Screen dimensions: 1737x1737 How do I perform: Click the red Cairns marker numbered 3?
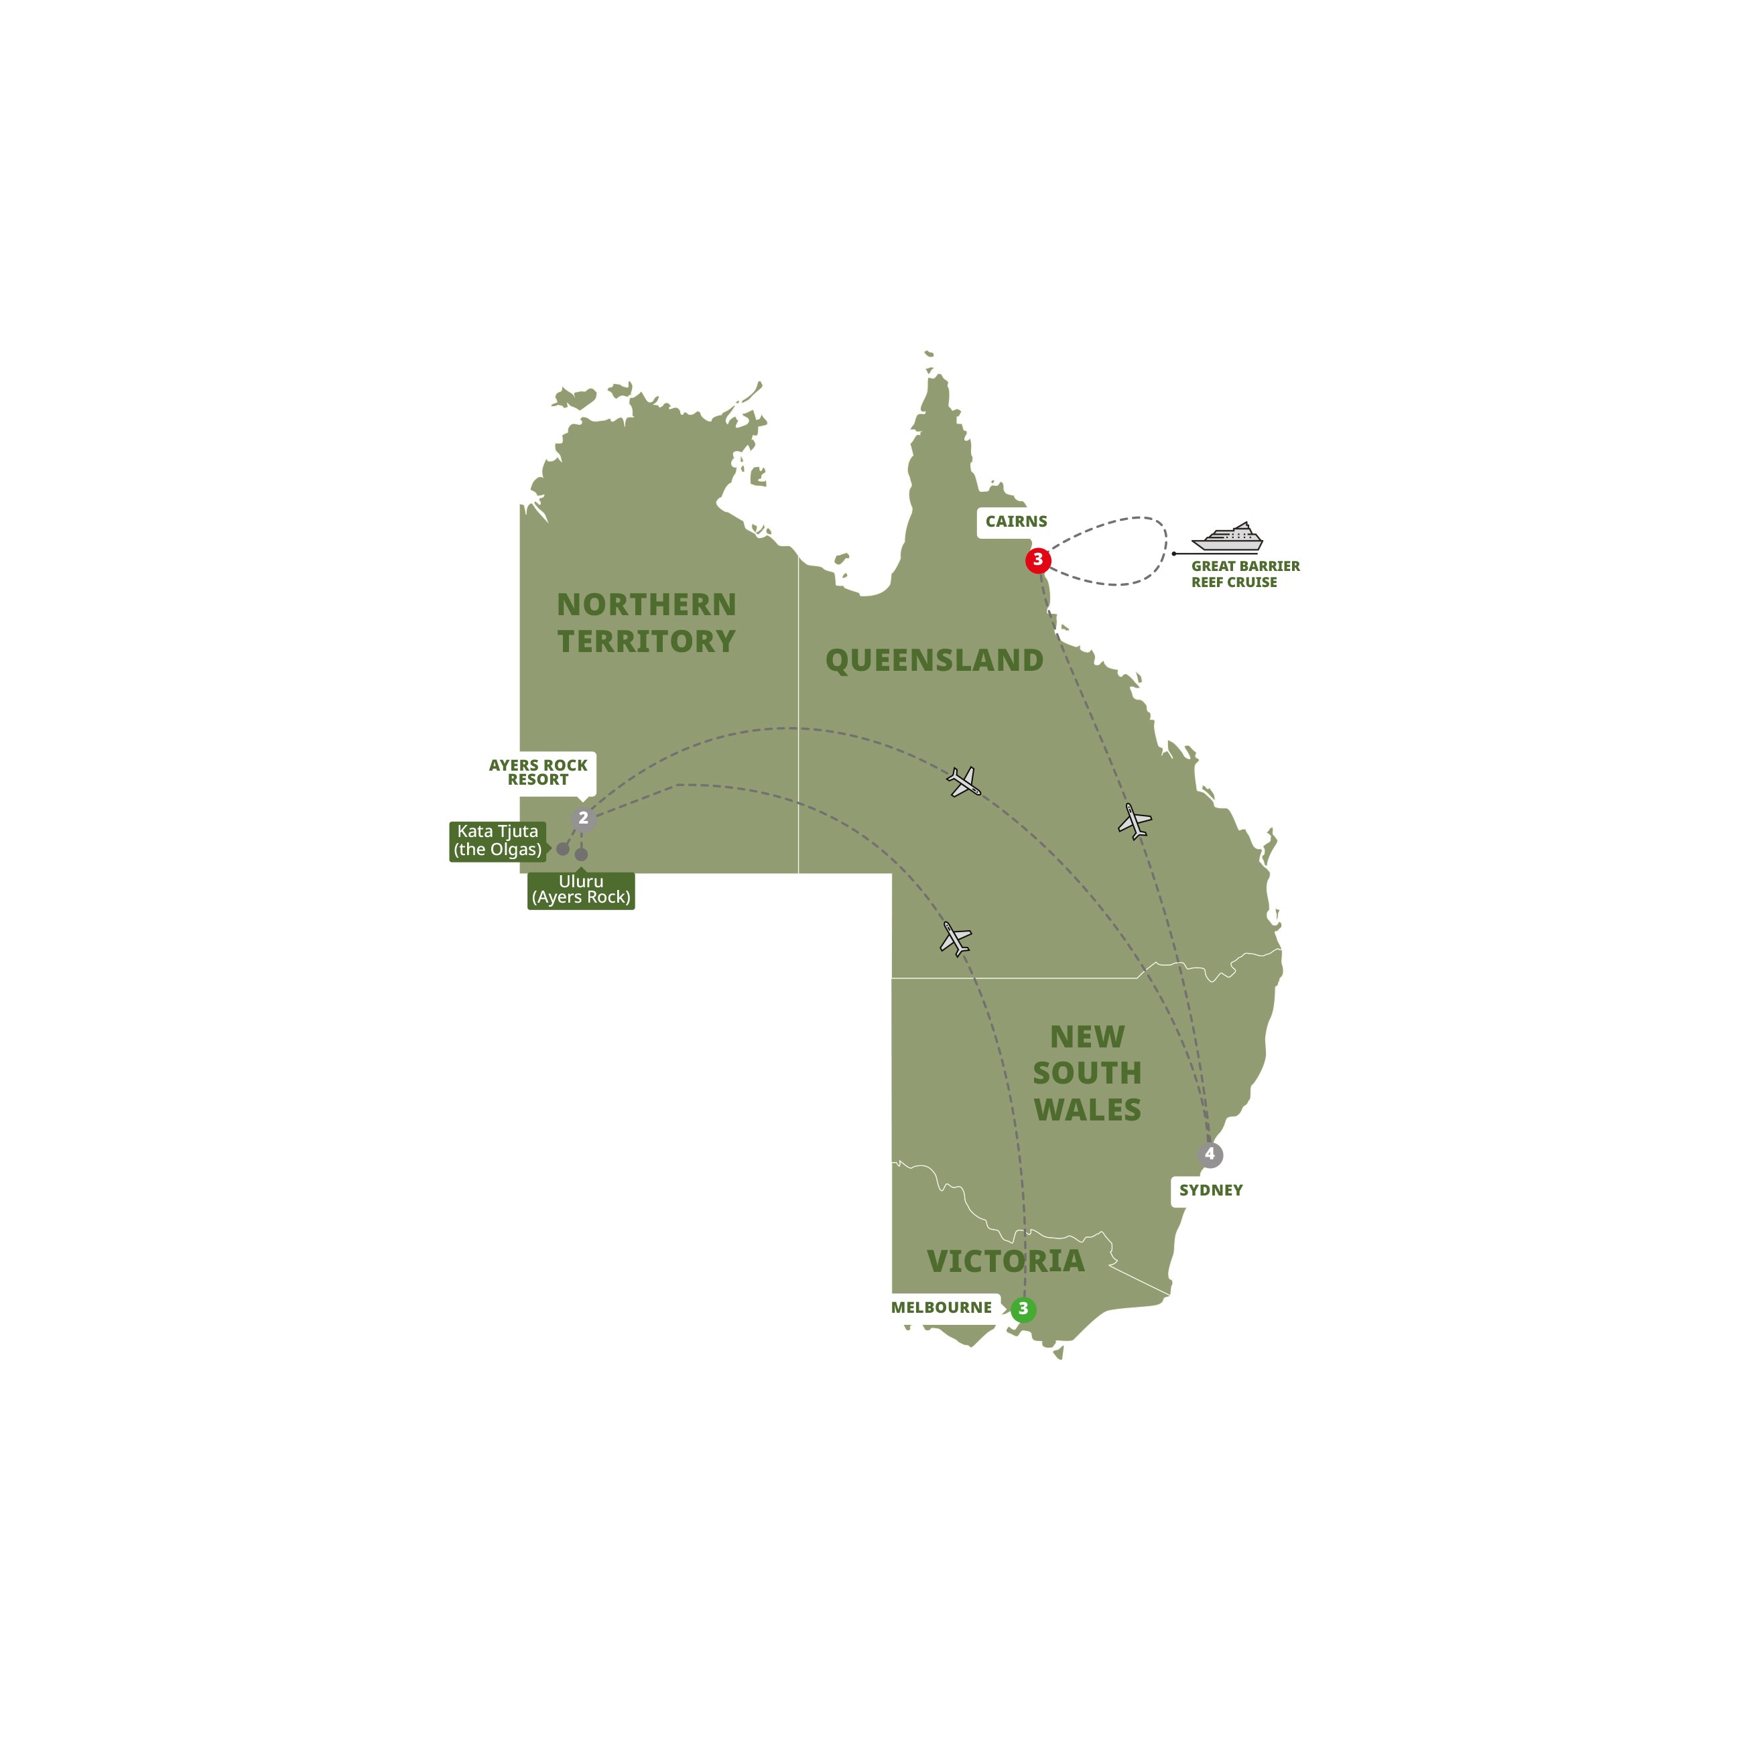(1037, 560)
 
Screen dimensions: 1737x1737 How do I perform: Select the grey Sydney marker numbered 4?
(1210, 1155)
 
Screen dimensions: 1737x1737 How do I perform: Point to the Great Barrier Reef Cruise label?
(1245, 574)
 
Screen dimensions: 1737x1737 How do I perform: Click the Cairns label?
(1016, 521)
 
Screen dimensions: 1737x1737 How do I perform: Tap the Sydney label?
(1210, 1190)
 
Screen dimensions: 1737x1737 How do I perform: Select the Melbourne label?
(942, 1307)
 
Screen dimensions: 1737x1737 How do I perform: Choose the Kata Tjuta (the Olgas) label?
(497, 840)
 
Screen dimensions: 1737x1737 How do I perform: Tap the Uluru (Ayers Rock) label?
(581, 889)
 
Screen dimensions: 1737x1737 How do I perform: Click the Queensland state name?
(934, 661)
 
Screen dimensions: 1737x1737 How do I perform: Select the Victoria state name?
(1005, 1261)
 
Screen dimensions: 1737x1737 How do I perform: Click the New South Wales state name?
(1087, 1073)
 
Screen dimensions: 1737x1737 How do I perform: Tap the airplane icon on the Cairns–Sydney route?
(1135, 821)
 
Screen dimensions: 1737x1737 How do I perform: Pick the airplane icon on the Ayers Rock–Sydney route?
(964, 781)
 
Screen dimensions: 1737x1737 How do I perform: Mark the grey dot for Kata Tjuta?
(563, 848)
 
